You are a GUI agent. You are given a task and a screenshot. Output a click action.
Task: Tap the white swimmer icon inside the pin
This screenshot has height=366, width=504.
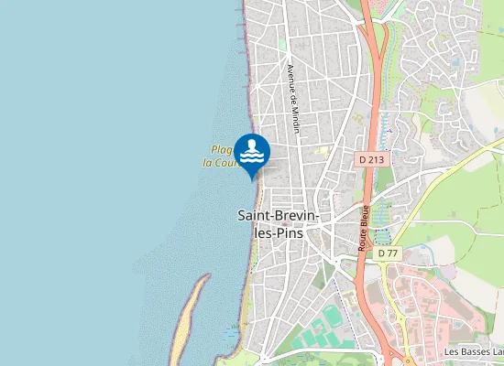pyautogui.click(x=252, y=152)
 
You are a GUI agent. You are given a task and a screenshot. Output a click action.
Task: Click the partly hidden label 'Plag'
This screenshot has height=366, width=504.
pyautogui.click(x=221, y=149)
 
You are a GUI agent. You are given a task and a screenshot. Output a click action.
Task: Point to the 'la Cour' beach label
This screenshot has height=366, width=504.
pyautogui.click(x=221, y=163)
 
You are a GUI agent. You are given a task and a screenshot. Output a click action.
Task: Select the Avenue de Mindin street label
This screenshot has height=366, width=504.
pyautogui.click(x=292, y=100)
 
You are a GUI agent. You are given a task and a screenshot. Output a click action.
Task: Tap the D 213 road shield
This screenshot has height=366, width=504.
pyautogui.click(x=369, y=159)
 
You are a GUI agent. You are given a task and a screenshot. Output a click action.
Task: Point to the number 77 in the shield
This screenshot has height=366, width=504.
pyautogui.click(x=393, y=253)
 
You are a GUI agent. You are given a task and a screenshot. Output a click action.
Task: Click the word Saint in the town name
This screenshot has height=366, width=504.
pyautogui.click(x=256, y=215)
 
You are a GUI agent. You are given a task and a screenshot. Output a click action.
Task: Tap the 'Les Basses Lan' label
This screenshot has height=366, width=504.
pyautogui.click(x=473, y=351)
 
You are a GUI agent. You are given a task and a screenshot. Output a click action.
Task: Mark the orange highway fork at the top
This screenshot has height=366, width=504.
pyautogui.click(x=370, y=20)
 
